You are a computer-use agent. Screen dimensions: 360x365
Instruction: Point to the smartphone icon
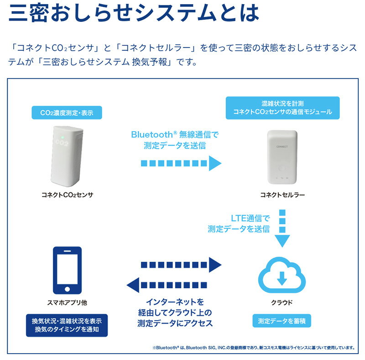click(x=67, y=270)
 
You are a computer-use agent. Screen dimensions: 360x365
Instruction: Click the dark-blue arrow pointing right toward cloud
click(x=181, y=264)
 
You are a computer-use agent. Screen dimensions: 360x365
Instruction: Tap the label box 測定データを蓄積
click(x=282, y=321)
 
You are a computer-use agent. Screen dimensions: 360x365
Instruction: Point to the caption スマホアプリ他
click(x=67, y=302)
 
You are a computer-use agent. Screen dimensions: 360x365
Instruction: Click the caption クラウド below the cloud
click(x=282, y=302)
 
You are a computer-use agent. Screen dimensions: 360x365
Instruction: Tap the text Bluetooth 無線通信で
click(x=175, y=135)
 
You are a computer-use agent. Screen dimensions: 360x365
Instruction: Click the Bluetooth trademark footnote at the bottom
click(x=254, y=348)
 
